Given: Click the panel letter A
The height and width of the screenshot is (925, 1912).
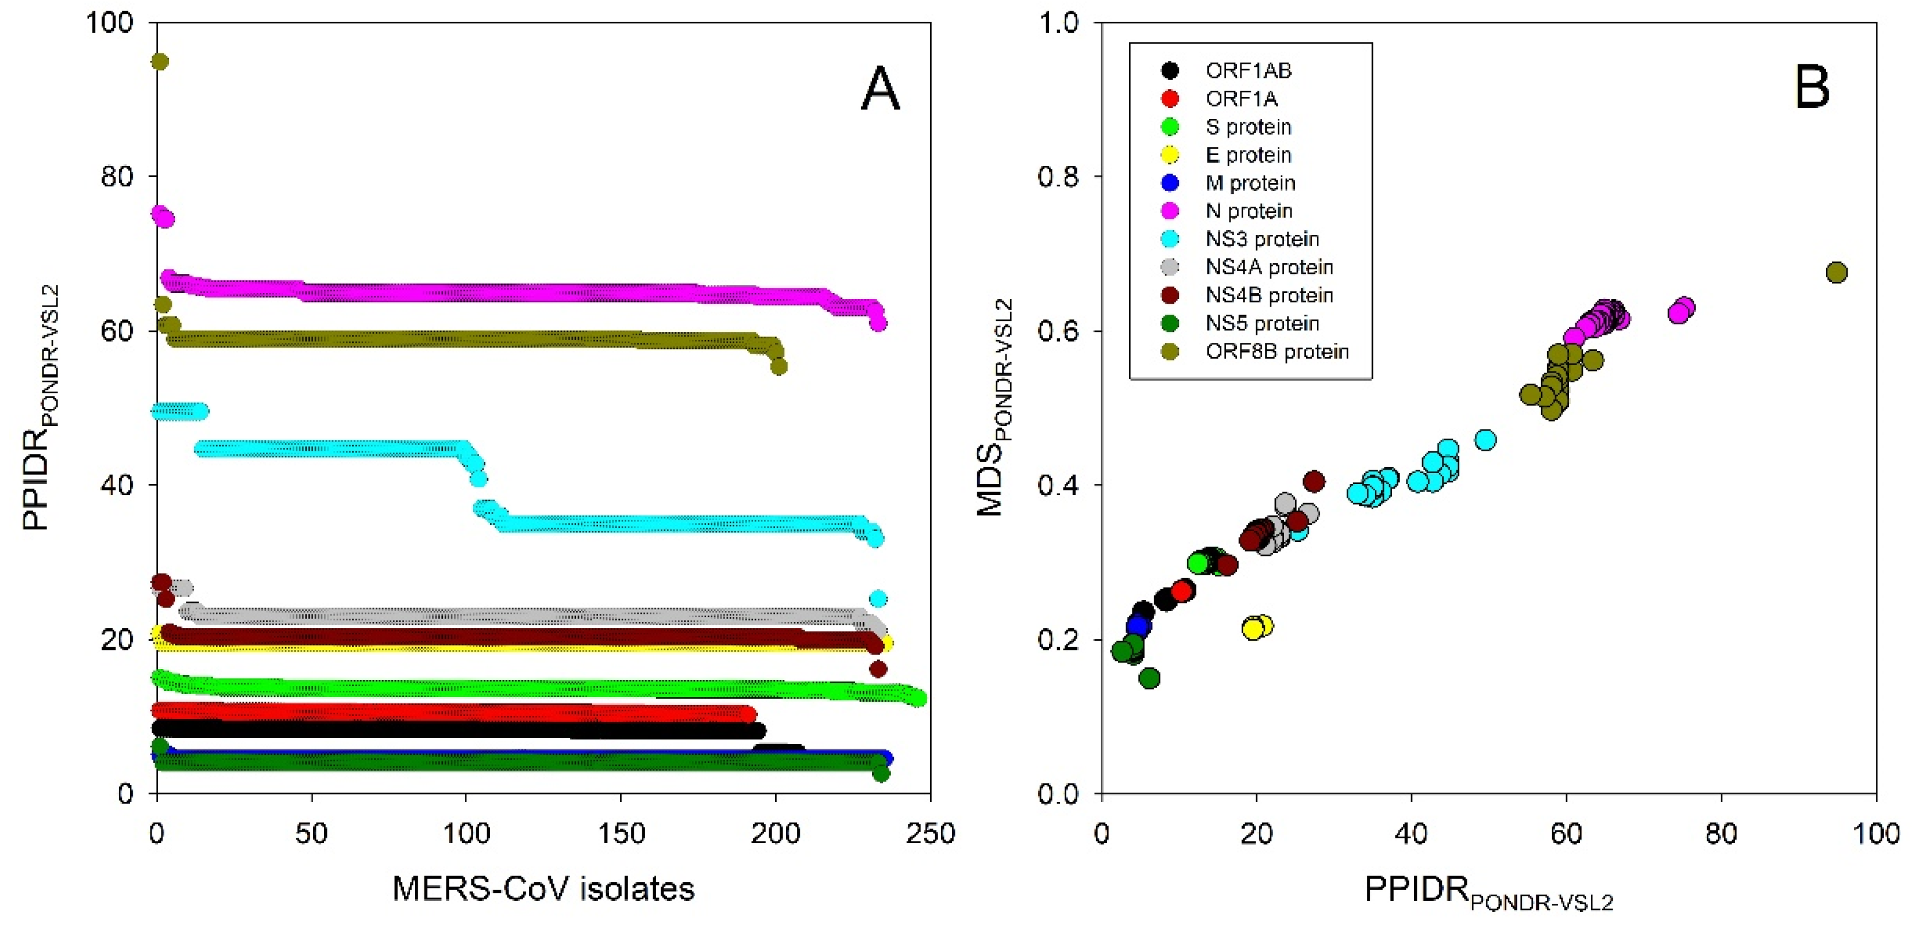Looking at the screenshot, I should click(x=880, y=89).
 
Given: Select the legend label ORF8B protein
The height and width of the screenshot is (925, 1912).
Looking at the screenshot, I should click(x=1277, y=351).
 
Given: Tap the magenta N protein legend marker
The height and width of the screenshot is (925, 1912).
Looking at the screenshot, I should click(x=1170, y=211).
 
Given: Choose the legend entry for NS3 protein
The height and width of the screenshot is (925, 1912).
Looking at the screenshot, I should click(x=1262, y=239).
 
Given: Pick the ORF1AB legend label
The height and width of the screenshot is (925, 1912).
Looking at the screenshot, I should click(x=1248, y=71).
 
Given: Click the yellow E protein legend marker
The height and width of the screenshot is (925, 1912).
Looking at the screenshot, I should click(x=1170, y=155).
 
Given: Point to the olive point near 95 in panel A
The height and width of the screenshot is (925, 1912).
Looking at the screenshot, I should click(x=160, y=61).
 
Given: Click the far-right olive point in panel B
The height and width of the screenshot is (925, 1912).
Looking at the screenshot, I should click(x=1836, y=272).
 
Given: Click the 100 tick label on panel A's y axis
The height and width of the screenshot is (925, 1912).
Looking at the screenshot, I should click(x=109, y=22).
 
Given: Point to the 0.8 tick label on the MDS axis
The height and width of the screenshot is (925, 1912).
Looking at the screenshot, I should click(x=1057, y=176).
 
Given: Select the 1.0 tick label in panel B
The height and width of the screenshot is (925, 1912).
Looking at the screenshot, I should click(x=1057, y=22).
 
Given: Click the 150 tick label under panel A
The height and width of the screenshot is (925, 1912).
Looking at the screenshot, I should click(x=620, y=834).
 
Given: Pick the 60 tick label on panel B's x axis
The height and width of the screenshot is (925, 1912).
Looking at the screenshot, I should click(x=1566, y=834).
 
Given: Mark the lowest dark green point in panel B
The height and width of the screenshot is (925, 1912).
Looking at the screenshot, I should click(x=1149, y=678).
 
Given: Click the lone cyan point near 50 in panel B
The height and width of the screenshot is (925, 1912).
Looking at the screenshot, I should click(x=1485, y=440).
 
